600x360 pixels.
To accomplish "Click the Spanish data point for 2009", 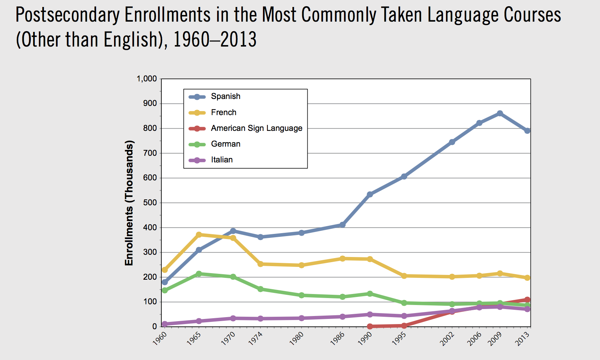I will point(500,114).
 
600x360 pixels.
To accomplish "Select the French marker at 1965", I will point(199,235).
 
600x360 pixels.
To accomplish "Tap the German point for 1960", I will point(165,290).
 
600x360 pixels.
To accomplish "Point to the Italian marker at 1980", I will point(301,318).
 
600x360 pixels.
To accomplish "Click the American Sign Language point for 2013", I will point(527,300).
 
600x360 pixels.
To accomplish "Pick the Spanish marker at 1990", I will point(370,194).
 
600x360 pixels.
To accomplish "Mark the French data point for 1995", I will point(404,276).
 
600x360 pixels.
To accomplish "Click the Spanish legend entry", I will point(226,96).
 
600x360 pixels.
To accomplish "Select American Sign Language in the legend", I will point(256,128).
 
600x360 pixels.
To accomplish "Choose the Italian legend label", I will point(222,160).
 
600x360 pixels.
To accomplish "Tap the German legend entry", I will point(226,144).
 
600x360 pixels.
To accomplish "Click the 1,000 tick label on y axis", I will point(147,79).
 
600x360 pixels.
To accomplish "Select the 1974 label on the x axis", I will point(256,339).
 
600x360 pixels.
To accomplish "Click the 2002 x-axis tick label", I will point(447,339).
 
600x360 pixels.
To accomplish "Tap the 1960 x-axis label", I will point(160,339).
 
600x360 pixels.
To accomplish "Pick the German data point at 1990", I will point(370,294).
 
